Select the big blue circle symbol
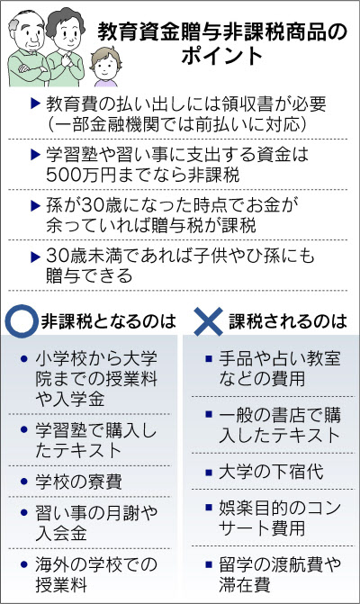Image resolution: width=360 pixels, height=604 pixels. point(22,321)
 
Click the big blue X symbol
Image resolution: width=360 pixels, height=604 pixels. point(208,321)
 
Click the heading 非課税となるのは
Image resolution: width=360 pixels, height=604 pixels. point(108,321)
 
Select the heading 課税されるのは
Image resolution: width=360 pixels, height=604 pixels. point(288,321)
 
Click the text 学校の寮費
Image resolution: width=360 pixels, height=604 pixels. point(78,482)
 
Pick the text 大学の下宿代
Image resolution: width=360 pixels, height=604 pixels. point(271,472)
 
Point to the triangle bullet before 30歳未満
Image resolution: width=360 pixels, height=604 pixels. point(35,257)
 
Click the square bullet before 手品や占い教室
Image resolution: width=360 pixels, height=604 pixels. point(209,358)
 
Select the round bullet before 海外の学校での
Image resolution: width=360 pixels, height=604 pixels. point(24,564)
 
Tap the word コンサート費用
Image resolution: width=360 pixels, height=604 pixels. point(280,518)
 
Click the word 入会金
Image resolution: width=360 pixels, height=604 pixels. point(61,533)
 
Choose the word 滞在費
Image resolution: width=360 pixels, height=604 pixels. point(245,584)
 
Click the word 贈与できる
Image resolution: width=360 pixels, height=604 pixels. point(89,275)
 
